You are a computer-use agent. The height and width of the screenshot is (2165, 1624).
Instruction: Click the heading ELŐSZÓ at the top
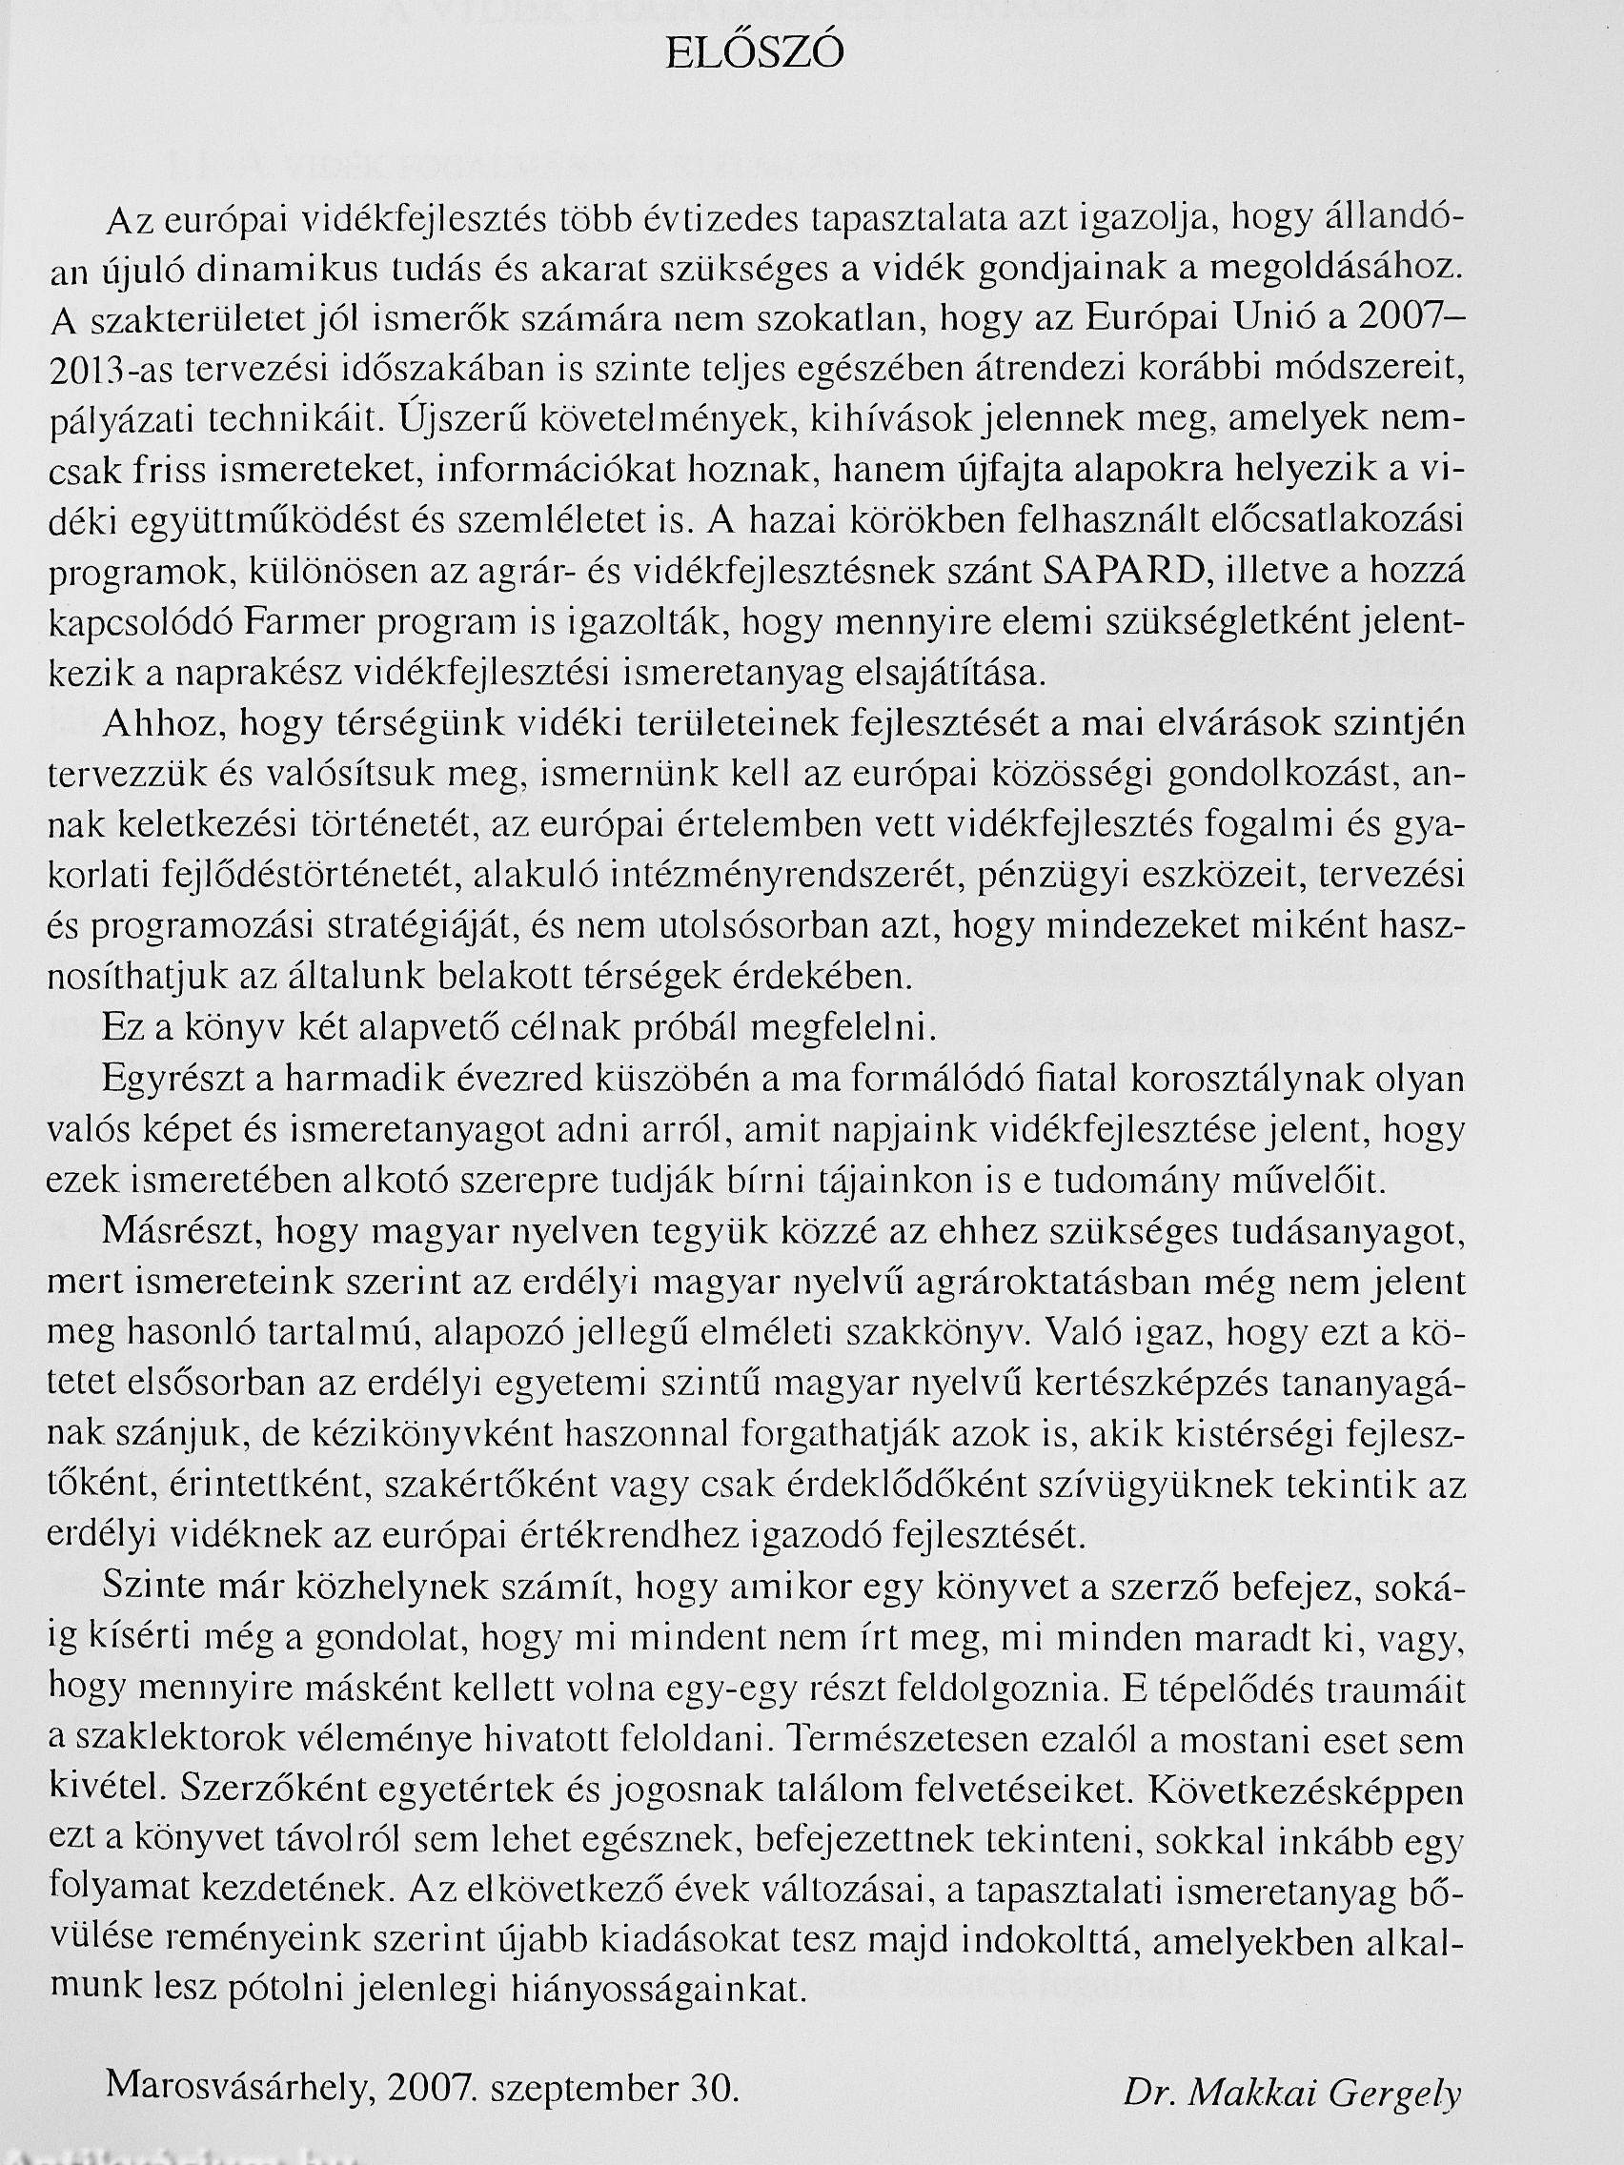coord(754,56)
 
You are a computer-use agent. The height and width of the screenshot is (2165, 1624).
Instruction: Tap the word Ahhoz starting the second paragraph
coord(157,726)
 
